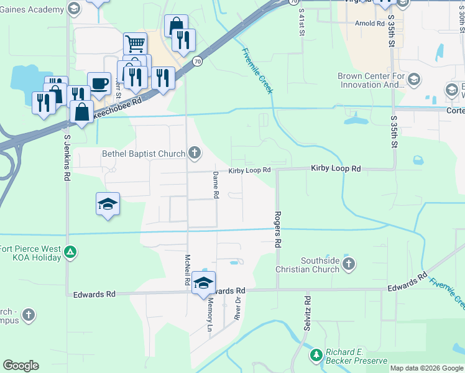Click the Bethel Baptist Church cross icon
(x=195, y=153)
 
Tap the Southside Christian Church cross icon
(x=348, y=265)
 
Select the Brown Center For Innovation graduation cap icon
(x=414, y=80)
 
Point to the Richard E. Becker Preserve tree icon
(x=316, y=355)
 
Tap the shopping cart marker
(x=135, y=44)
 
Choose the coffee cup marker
(x=99, y=83)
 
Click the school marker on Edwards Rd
(x=203, y=283)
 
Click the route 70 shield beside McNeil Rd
(x=196, y=62)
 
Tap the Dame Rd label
(x=216, y=185)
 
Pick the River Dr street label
(x=237, y=307)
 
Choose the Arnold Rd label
(x=369, y=23)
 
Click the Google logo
(x=21, y=366)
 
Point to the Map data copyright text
(x=426, y=368)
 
